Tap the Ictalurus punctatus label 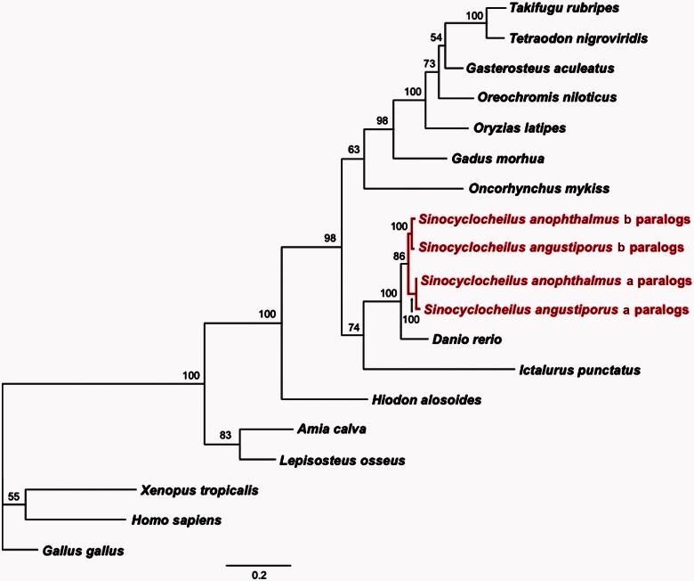(579, 369)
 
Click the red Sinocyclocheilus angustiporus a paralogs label (556, 310)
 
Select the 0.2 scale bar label (258, 575)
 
